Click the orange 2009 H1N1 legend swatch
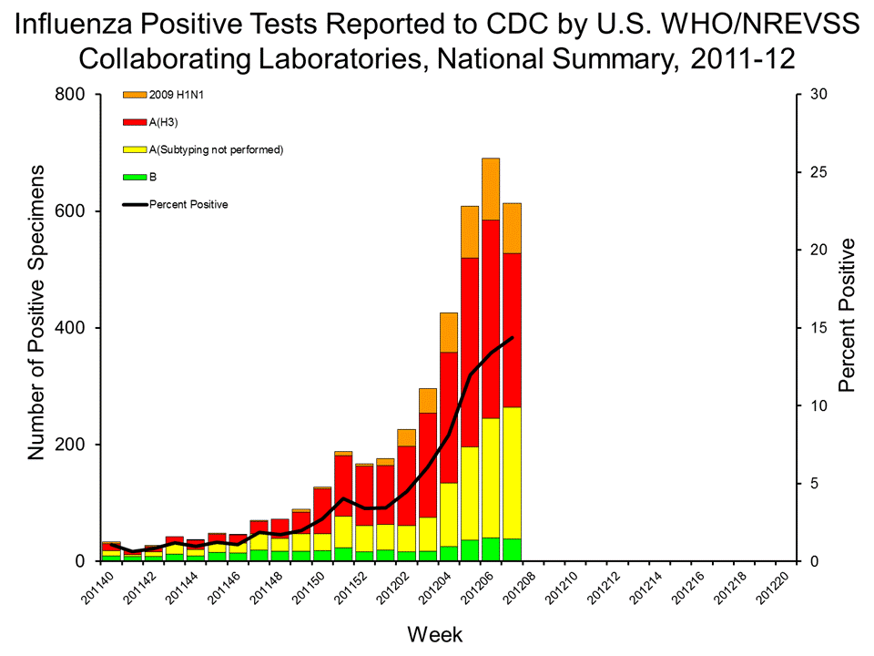point(134,95)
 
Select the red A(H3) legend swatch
point(134,122)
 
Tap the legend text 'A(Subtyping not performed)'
point(217,149)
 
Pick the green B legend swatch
point(134,177)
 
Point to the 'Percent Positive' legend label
point(188,204)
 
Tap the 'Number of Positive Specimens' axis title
point(37,312)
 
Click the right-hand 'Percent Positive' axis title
point(848,315)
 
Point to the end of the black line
point(513,338)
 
